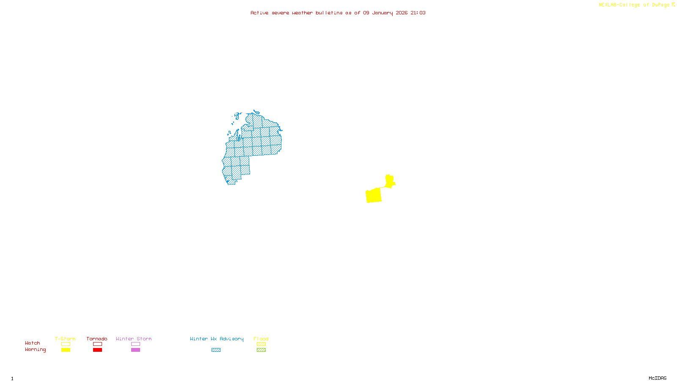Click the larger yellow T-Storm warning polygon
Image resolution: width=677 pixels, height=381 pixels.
(374, 196)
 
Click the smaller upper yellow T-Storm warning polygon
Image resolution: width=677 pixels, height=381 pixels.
(390, 181)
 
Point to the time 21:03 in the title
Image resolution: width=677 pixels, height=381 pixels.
(418, 13)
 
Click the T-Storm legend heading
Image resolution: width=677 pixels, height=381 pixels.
(65, 339)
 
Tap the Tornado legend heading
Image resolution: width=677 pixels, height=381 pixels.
(97, 339)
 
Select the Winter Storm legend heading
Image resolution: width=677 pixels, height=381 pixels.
(134, 339)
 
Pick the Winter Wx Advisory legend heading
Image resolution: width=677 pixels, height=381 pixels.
(217, 339)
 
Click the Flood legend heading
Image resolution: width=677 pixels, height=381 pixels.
(261, 339)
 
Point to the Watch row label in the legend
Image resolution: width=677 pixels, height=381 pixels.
(33, 343)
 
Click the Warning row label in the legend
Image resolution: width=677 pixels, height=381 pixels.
(36, 350)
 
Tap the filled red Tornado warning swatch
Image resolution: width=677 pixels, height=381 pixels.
(97, 350)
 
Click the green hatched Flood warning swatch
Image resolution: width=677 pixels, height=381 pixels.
(261, 350)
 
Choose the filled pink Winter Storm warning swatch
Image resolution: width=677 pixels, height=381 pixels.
(135, 350)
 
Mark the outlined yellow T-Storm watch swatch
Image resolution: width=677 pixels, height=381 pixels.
(66, 344)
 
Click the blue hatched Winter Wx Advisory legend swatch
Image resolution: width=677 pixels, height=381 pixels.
(216, 350)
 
